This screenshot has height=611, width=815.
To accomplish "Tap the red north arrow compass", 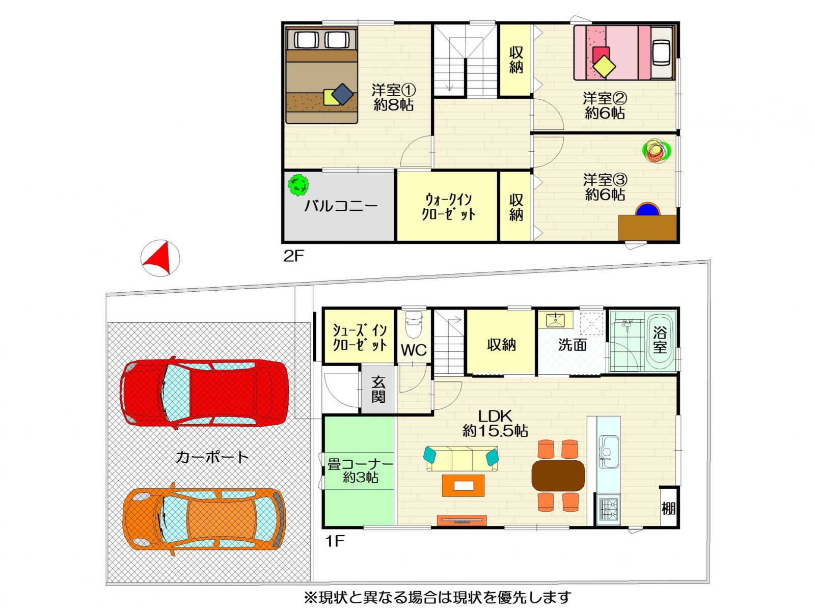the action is (x=160, y=258).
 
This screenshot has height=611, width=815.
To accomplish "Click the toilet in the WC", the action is (x=413, y=324).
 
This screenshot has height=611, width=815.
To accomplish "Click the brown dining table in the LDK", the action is (x=558, y=476).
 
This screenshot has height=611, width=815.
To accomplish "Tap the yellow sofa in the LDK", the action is (x=461, y=459).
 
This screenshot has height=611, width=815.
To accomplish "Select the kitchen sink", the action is (x=608, y=451).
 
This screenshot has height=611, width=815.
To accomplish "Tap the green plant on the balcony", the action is (x=298, y=185).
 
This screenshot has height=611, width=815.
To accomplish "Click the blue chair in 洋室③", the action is (x=647, y=209).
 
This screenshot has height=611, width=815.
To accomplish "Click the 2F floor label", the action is (x=294, y=256).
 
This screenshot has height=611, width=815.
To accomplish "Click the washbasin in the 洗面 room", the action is (x=555, y=320).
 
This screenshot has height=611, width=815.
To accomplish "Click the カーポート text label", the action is (x=212, y=457).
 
